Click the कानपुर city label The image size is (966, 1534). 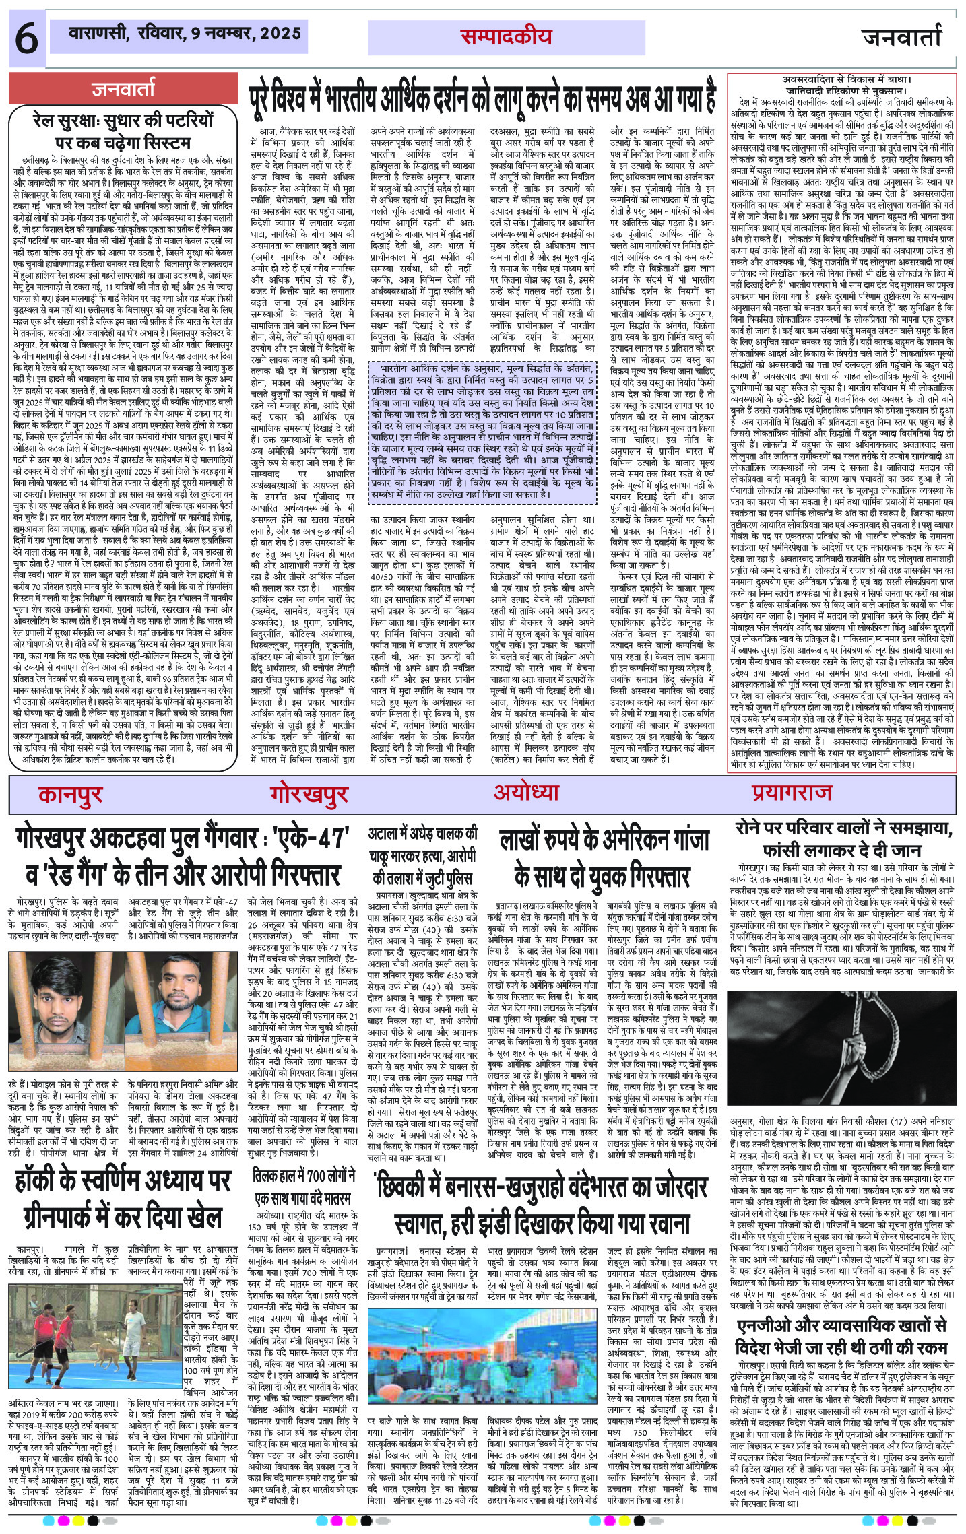pyautogui.click(x=70, y=795)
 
